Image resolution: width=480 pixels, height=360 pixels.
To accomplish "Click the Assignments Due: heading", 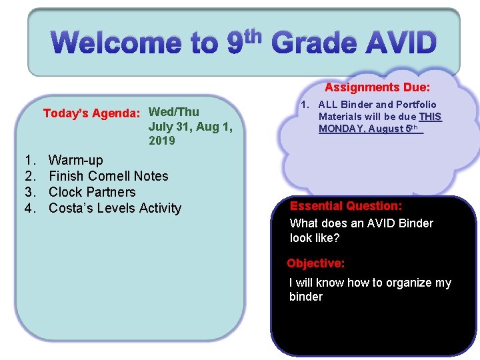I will point(377,87).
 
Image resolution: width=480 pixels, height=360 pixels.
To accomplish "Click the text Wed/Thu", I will point(173,112).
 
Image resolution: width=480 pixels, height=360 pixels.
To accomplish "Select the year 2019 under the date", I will point(162,141).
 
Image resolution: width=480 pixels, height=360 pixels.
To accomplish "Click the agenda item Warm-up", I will point(76,160).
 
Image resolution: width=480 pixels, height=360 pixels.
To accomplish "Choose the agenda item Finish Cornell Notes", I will point(109,176).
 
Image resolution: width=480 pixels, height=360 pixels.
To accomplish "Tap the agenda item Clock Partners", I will point(92,192).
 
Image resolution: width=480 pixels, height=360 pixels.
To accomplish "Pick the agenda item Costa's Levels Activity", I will point(115,208).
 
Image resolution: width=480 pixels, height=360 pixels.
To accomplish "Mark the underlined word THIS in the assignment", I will point(430,117).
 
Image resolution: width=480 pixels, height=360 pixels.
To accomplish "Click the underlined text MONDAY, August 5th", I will point(370,129).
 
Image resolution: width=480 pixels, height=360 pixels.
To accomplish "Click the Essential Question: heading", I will point(345,207).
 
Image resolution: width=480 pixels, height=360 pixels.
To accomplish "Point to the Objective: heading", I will point(315,263).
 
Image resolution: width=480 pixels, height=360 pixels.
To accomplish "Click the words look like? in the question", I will point(315,238).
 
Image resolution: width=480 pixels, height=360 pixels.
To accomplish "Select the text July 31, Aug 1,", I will point(190,127).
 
